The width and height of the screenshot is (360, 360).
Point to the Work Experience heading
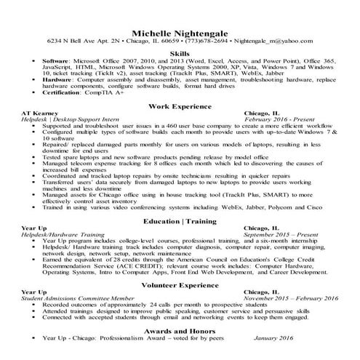[x=180, y=108]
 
